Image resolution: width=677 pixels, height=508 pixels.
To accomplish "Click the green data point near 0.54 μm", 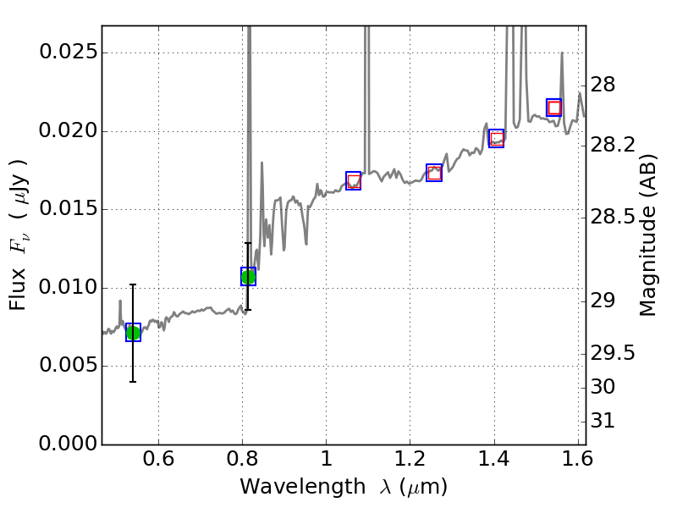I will pyautogui.click(x=133, y=332).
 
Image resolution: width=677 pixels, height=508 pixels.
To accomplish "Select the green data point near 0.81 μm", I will pyautogui.click(x=248, y=276).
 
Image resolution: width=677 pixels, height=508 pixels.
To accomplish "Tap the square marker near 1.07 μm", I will pyautogui.click(x=354, y=180).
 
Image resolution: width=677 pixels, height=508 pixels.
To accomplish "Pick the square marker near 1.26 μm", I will pyautogui.click(x=434, y=173).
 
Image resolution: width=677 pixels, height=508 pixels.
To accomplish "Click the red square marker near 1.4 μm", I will pyautogui.click(x=497, y=138).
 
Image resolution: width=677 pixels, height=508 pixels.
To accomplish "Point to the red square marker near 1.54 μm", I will pyautogui.click(x=554, y=108).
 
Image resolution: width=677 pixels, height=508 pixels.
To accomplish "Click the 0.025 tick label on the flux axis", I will pyautogui.click(x=67, y=52).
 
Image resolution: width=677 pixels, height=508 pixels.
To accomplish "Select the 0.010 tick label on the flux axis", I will pyautogui.click(x=67, y=288).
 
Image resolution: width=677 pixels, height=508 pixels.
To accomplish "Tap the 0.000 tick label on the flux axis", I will pyautogui.click(x=67, y=444).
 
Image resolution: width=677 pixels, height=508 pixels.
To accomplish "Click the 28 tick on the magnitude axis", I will pyautogui.click(x=603, y=86).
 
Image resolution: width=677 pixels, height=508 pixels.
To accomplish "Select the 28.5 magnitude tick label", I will pyautogui.click(x=614, y=218).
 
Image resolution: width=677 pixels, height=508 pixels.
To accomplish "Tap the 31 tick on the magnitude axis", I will pyautogui.click(x=603, y=421).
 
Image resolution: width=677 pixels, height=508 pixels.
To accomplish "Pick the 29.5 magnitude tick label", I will pyautogui.click(x=614, y=352).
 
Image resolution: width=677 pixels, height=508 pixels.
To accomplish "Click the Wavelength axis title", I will pyautogui.click(x=344, y=488).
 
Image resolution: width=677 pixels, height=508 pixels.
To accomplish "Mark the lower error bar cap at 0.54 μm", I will pyautogui.click(x=133, y=382).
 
